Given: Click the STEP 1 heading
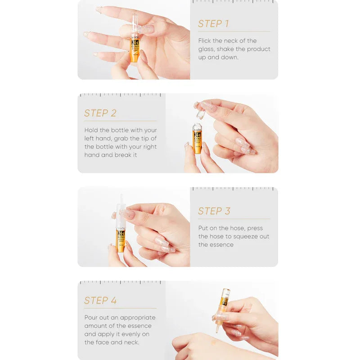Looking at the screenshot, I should coord(213,24).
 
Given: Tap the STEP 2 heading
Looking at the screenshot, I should coord(100,113).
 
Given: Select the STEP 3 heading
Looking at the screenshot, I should coord(214,211).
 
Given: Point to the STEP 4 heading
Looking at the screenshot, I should coord(100,301).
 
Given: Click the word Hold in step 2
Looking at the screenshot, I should coord(92,130).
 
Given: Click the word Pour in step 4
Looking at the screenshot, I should coord(92,317).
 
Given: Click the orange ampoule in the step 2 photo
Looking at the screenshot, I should coord(198,139).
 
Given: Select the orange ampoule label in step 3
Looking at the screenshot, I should coord(121,239).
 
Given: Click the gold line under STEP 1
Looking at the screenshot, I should coord(234,31).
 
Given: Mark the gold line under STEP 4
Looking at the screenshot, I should coord(120,308).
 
